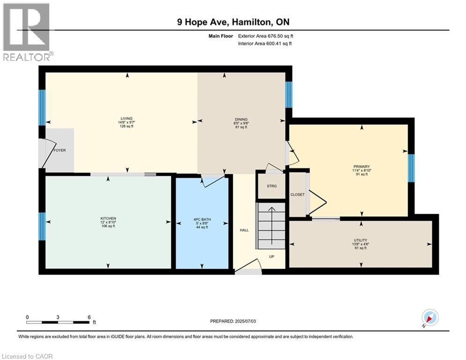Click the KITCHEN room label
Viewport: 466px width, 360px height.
(x=108, y=218)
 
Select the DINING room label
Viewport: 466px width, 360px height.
(x=241, y=120)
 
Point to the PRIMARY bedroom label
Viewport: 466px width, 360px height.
(x=362, y=166)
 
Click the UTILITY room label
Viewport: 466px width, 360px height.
(x=360, y=240)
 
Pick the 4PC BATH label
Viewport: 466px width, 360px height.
(x=201, y=220)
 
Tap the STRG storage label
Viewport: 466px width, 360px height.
(x=272, y=186)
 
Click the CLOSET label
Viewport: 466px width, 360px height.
(x=297, y=195)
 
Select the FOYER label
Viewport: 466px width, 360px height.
(x=59, y=151)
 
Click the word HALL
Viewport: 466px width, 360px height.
(x=244, y=230)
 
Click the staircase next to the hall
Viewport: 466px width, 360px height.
(x=271, y=225)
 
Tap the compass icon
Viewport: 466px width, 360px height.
(x=429, y=318)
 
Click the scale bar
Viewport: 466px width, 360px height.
(x=58, y=322)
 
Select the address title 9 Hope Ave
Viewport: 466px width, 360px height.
(x=233, y=22)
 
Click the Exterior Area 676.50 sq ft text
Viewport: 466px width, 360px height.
(x=266, y=36)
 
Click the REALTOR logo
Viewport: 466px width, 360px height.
(x=27, y=32)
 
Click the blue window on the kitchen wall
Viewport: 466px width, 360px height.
(x=42, y=226)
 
